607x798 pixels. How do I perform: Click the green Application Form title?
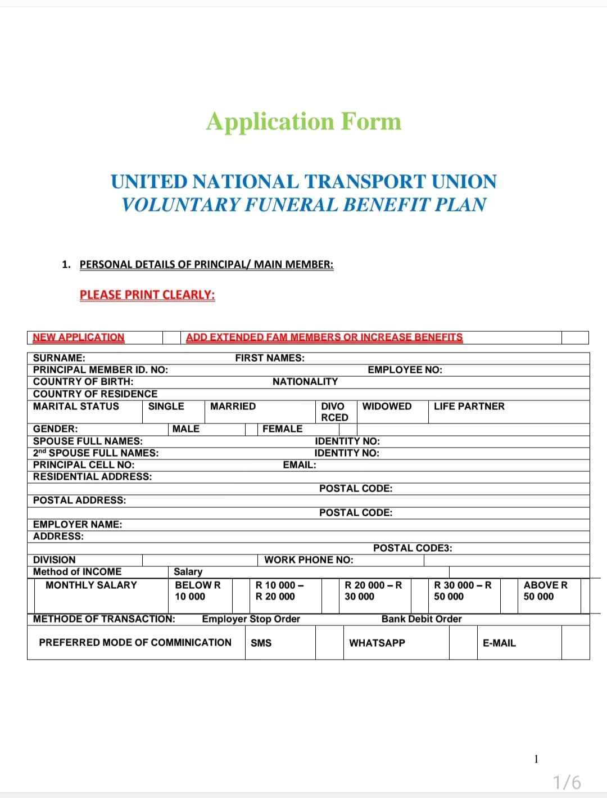pos(303,121)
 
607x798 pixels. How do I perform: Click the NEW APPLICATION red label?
pos(78,337)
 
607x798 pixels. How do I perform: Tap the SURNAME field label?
pos(59,358)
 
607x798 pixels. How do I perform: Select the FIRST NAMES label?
pos(270,358)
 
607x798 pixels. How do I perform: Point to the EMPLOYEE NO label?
pos(405,369)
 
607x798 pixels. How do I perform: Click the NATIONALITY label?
pos(305,381)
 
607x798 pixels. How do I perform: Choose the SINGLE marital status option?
pos(166,406)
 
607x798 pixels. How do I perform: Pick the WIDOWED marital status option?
pos(387,406)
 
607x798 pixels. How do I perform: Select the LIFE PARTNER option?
pos(469,406)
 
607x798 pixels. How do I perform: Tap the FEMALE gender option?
pos(282,429)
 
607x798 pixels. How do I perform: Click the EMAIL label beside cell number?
pos(299,465)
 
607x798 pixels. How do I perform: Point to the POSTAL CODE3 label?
pos(413,548)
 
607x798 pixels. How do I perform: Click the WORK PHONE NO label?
pos(309,560)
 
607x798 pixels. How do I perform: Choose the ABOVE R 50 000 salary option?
pos(545,590)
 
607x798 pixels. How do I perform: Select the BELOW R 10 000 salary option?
pos(197,590)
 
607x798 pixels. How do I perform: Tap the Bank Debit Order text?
pos(422,619)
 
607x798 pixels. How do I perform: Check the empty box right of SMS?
pos(329,642)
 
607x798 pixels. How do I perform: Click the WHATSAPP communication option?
pos(377,643)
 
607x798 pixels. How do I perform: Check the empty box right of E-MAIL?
pos(575,642)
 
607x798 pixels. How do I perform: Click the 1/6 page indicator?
pos(567,782)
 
